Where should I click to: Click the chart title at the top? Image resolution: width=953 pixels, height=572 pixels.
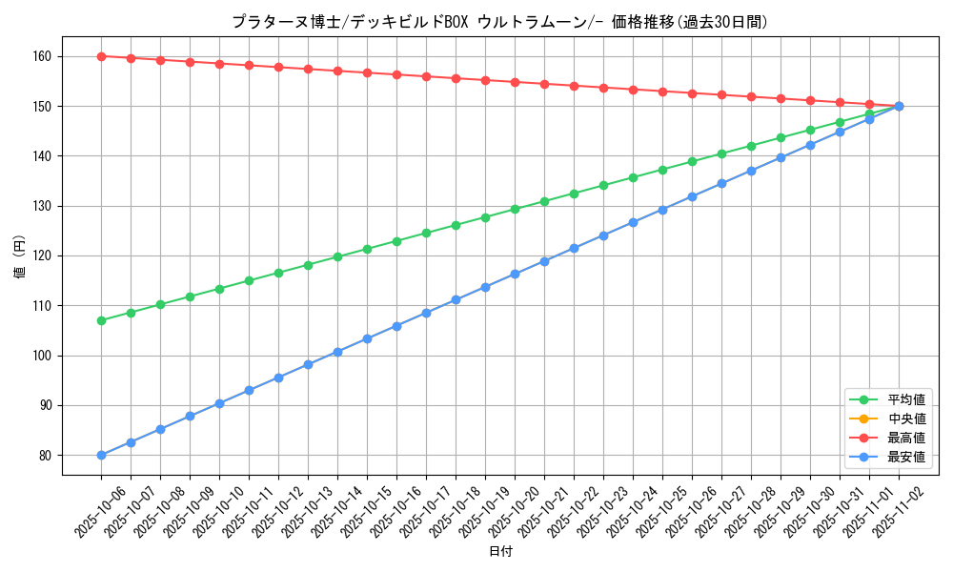500,22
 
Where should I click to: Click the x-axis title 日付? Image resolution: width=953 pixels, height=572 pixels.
500,551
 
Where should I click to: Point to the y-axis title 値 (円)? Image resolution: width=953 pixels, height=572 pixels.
20,255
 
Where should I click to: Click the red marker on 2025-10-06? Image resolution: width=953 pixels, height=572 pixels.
101,56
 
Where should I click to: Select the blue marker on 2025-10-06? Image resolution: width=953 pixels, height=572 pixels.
101,455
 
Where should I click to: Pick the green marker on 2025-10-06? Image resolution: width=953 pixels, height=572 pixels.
101,320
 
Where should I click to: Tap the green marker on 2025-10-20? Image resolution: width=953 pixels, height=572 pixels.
515,209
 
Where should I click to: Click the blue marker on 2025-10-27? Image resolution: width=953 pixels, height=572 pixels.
721,183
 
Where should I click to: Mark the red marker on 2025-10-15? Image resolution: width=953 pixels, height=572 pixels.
367,72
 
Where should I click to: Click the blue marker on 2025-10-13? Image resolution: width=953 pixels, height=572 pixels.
308,364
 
